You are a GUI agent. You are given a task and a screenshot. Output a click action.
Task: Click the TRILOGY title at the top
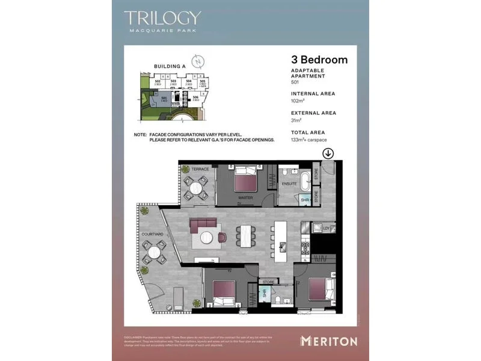click(x=162, y=18)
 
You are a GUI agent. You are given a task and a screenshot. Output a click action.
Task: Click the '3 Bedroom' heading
click(x=319, y=60)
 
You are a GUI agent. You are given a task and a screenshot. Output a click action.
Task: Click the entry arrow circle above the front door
click(x=328, y=153)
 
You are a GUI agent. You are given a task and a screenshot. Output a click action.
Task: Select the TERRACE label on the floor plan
click(x=200, y=169)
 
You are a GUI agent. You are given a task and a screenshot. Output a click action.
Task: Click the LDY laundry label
click(x=326, y=228)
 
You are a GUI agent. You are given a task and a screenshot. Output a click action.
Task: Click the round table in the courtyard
click(x=155, y=252)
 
